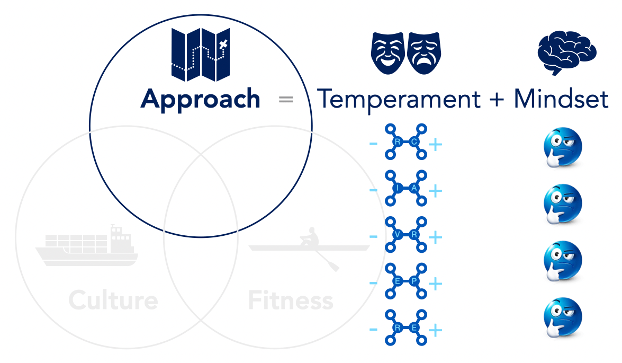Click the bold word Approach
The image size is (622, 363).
(x=200, y=99)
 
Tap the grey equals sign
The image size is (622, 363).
(x=286, y=99)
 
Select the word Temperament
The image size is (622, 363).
(x=399, y=99)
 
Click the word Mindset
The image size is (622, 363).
(x=562, y=99)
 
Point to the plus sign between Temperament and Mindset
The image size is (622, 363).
(x=497, y=100)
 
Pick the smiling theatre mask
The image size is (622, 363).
(x=388, y=52)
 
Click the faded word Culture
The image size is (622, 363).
(x=113, y=300)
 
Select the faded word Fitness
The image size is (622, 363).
(x=291, y=301)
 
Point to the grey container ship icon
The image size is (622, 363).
(x=87, y=246)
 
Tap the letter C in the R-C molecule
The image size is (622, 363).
(x=414, y=141)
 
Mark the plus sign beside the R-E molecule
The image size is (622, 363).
(x=435, y=331)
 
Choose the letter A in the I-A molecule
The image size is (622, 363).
(x=414, y=188)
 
